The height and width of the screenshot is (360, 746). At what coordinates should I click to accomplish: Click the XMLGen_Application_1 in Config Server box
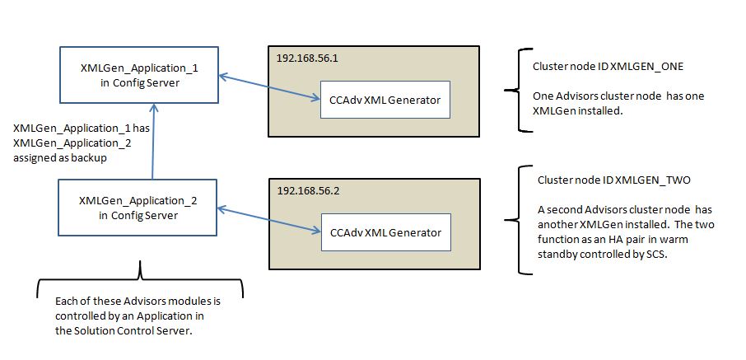pos(138,75)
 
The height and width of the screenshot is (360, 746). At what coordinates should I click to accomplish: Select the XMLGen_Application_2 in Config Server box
pos(138,208)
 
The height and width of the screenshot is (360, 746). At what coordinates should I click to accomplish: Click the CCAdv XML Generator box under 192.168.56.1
pos(385,101)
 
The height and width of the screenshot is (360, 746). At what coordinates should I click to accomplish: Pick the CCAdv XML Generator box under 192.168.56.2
pos(385,232)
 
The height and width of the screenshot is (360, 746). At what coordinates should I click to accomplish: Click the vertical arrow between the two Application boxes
pos(152,140)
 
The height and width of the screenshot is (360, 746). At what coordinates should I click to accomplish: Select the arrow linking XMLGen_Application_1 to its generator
pos(269,87)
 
